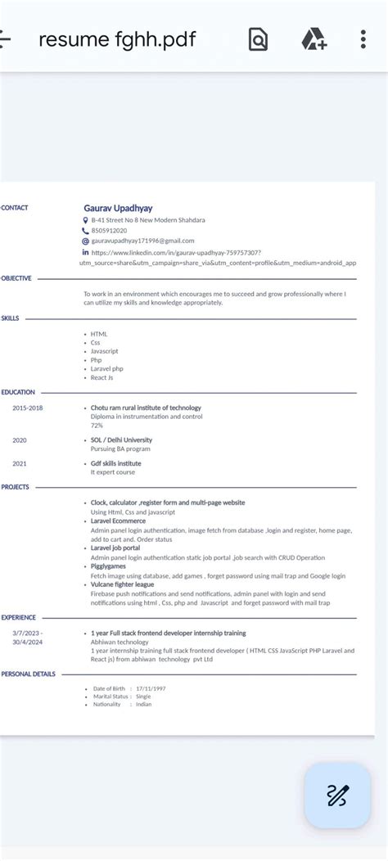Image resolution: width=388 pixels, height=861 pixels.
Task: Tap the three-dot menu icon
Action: (363, 38)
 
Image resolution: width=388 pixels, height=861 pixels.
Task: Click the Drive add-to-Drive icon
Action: (314, 38)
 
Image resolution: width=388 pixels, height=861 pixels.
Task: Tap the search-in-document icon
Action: (258, 38)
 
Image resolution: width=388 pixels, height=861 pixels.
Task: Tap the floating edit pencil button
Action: (337, 796)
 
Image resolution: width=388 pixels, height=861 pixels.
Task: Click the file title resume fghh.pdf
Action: (117, 38)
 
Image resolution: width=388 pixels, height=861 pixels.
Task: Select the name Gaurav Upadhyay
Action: (118, 208)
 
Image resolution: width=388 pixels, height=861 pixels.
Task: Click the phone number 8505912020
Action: (109, 231)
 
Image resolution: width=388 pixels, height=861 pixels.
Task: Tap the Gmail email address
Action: (142, 241)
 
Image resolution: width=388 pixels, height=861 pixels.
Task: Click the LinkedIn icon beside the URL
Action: (85, 252)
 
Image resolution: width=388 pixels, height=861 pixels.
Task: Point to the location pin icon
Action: (85, 220)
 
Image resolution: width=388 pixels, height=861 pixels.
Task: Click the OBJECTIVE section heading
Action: (16, 278)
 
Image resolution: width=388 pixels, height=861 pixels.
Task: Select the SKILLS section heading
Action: (10, 318)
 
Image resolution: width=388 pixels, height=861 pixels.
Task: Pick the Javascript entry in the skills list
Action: (104, 351)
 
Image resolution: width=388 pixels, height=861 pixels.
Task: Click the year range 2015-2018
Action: (27, 408)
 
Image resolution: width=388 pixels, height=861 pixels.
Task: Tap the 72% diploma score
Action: (97, 426)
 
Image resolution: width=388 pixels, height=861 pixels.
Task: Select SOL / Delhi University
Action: (121, 440)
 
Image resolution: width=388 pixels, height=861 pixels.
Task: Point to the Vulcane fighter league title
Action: (122, 584)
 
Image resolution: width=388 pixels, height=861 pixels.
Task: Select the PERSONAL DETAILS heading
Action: (28, 674)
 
